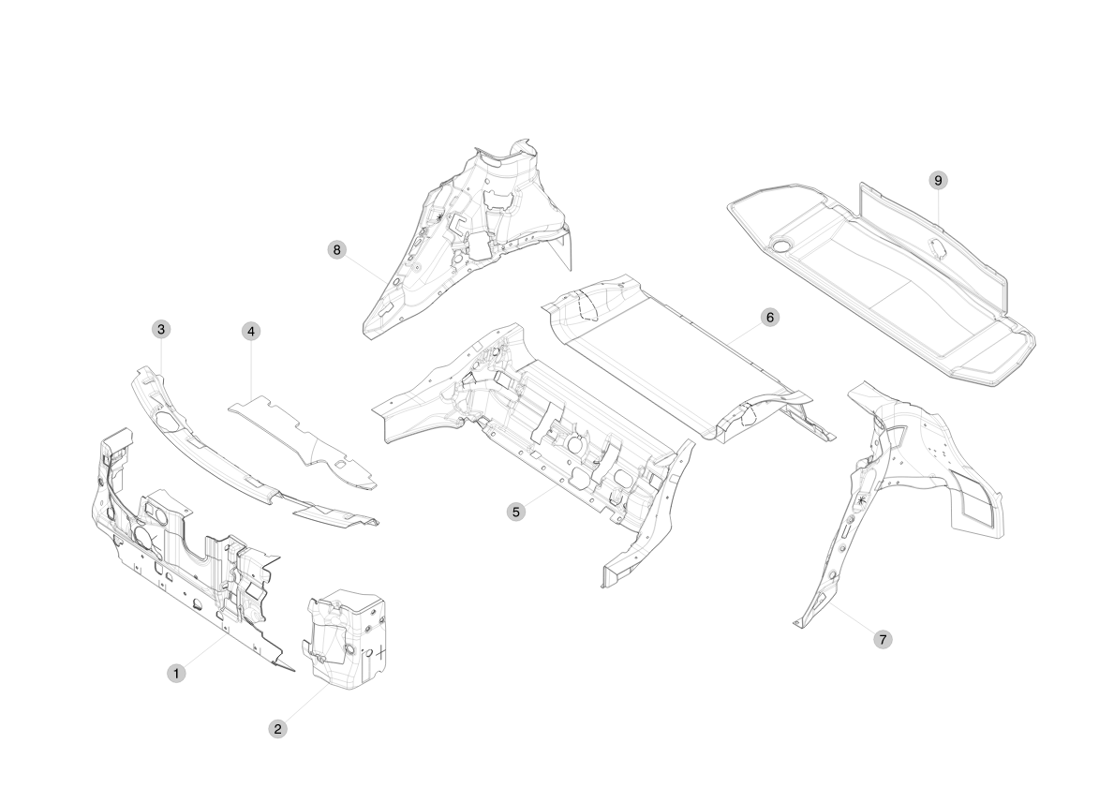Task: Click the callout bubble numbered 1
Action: pyautogui.click(x=175, y=674)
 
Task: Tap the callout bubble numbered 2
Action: pyautogui.click(x=277, y=729)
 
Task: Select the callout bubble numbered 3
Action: pyautogui.click(x=161, y=329)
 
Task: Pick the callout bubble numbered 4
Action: pyautogui.click(x=251, y=331)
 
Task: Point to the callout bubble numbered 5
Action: pyautogui.click(x=516, y=512)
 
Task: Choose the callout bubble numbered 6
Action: pyautogui.click(x=770, y=317)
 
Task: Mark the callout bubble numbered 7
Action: pyautogui.click(x=884, y=640)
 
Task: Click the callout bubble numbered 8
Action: pyautogui.click(x=336, y=249)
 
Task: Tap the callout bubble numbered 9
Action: pyautogui.click(x=938, y=181)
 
